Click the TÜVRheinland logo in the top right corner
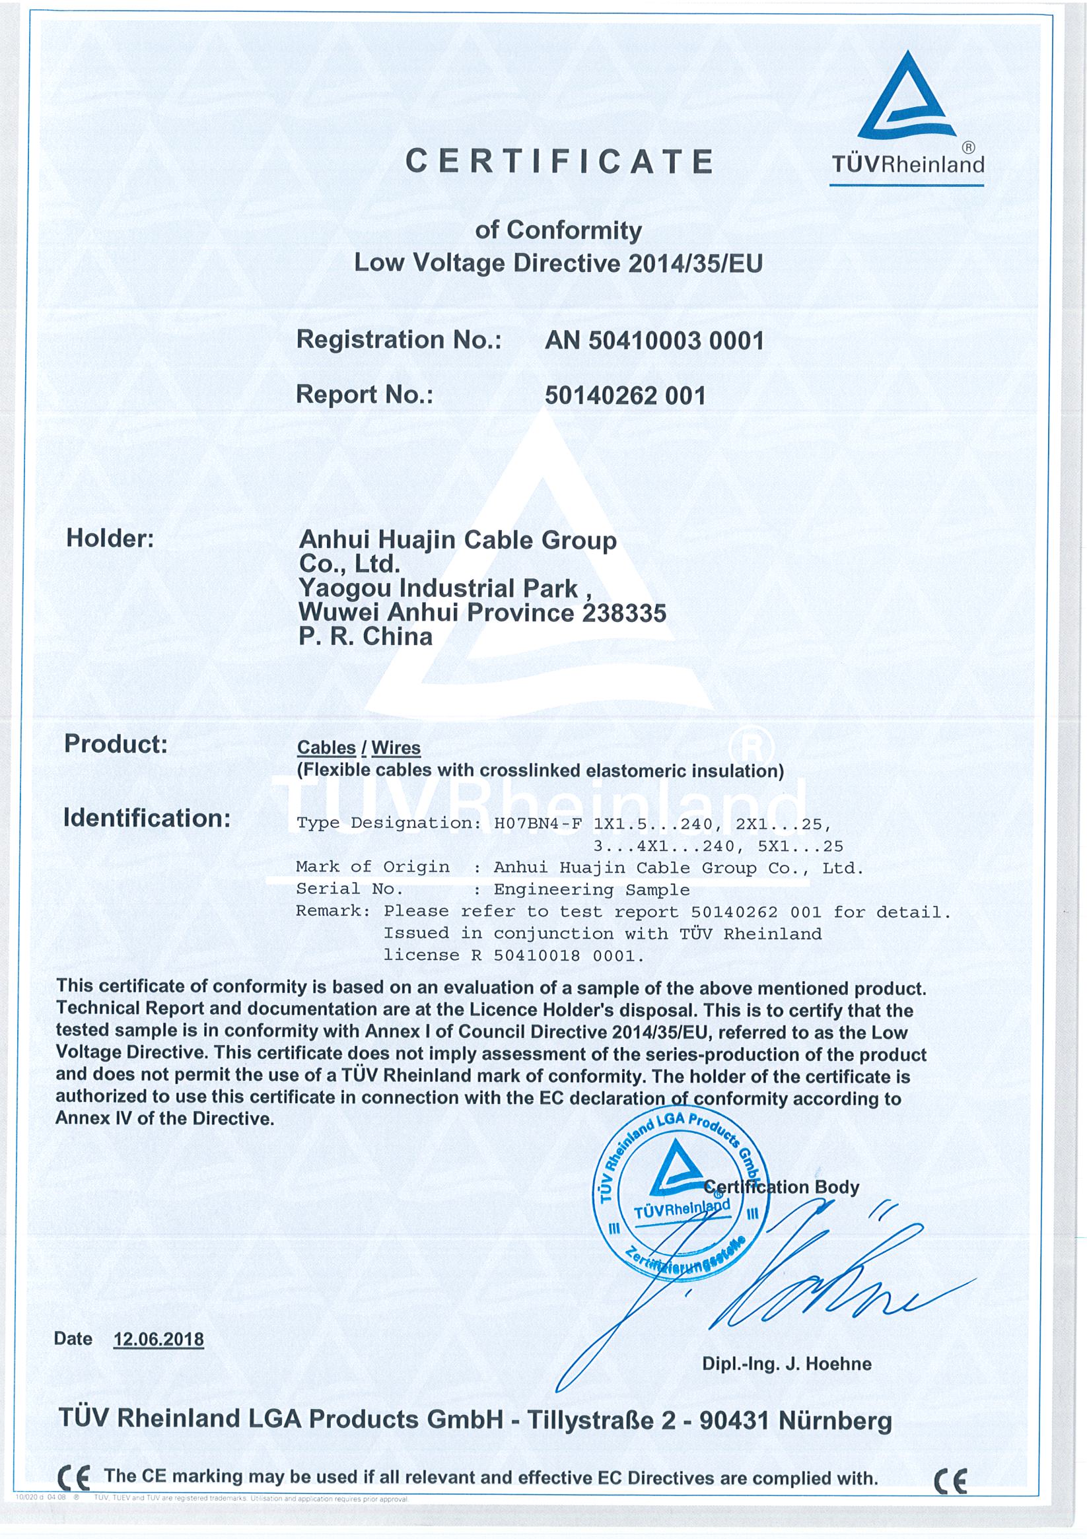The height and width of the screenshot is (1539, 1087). tap(907, 118)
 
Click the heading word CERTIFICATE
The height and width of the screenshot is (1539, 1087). tap(560, 162)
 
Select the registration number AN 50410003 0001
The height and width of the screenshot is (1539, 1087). tap(654, 341)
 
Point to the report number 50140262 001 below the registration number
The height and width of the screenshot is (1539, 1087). tap(625, 395)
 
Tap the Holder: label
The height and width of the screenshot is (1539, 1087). tap(110, 538)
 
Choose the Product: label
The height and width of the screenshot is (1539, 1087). tap(116, 743)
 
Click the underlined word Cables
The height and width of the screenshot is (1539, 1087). tap(326, 747)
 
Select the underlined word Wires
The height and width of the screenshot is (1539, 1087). tap(396, 747)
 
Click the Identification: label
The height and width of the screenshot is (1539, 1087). tap(146, 818)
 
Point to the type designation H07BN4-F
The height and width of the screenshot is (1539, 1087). tap(538, 824)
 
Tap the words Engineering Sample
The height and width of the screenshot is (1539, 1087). tap(592, 889)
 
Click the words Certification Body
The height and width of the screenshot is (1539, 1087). tap(782, 1187)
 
